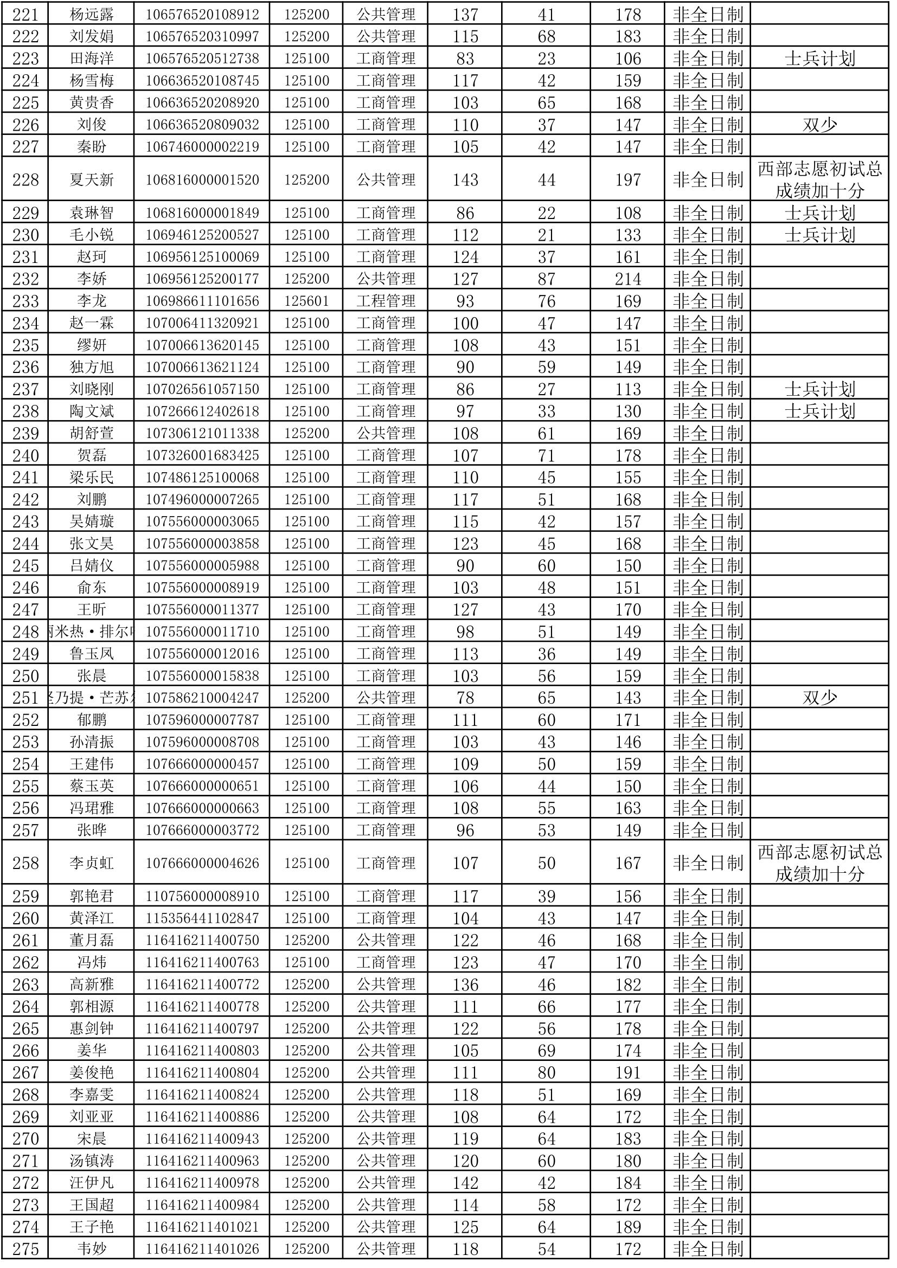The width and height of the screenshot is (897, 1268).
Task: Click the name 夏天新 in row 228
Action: click(92, 180)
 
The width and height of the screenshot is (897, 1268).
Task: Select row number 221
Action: click(25, 14)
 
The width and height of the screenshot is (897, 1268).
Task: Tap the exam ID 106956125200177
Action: click(202, 279)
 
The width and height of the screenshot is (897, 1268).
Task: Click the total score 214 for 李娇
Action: click(628, 279)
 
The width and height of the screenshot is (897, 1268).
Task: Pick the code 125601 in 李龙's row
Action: click(306, 301)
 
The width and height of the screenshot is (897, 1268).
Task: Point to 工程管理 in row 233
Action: click(386, 301)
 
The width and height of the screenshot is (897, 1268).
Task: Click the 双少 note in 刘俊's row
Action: click(819, 125)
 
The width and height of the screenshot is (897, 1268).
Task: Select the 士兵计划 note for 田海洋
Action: click(819, 59)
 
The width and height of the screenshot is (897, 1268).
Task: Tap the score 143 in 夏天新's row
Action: click(465, 180)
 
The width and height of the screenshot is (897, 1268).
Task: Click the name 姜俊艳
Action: click(92, 1072)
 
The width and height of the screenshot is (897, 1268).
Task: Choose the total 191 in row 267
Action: click(628, 1072)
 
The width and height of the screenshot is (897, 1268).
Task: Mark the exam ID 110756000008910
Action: click(202, 896)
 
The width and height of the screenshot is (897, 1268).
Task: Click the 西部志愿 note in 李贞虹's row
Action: click(819, 863)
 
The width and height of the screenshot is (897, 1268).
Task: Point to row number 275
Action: click(25, 1249)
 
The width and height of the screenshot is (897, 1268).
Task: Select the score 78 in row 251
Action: click(465, 698)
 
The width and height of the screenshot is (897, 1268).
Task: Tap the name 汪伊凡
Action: click(92, 1183)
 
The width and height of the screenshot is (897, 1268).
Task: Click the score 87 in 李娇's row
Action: click(546, 279)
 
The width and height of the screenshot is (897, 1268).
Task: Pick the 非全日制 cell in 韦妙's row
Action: click(708, 1249)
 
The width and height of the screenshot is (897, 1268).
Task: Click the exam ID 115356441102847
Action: click(202, 918)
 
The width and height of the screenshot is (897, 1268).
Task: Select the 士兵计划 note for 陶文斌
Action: click(819, 411)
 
